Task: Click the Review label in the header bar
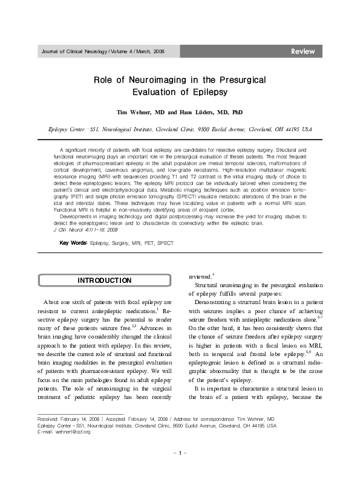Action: (x=303, y=51)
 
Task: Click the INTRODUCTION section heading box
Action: (x=105, y=281)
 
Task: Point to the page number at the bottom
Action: (x=180, y=453)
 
